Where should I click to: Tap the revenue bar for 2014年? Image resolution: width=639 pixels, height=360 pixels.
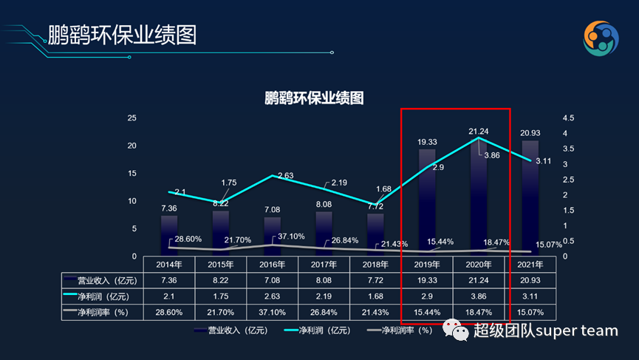[169, 235]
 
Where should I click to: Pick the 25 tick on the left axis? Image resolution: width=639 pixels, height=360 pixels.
[131, 118]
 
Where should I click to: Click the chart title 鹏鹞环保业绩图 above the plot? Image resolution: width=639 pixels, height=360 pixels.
[314, 98]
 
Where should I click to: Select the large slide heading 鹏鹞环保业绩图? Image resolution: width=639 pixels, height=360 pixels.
[123, 35]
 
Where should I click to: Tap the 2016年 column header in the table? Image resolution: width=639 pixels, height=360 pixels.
[273, 264]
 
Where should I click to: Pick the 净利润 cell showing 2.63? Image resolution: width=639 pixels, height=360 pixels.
[273, 296]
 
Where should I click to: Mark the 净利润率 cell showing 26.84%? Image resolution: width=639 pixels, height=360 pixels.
[324, 313]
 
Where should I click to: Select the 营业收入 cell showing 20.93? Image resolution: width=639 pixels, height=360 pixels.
[530, 280]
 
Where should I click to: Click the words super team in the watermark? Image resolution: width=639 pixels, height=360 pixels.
[576, 330]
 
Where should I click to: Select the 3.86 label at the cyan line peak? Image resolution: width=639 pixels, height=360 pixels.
[492, 155]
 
